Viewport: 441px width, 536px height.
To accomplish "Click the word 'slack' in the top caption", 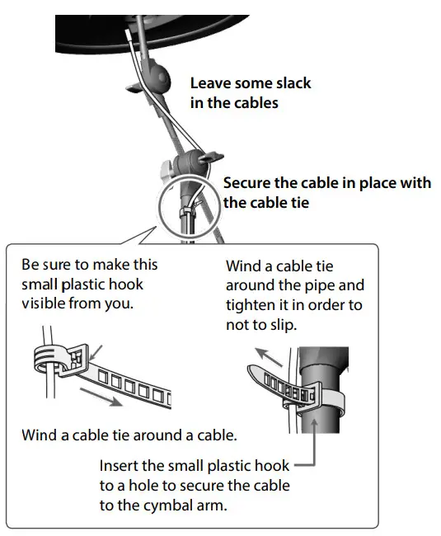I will pos(289,83).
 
